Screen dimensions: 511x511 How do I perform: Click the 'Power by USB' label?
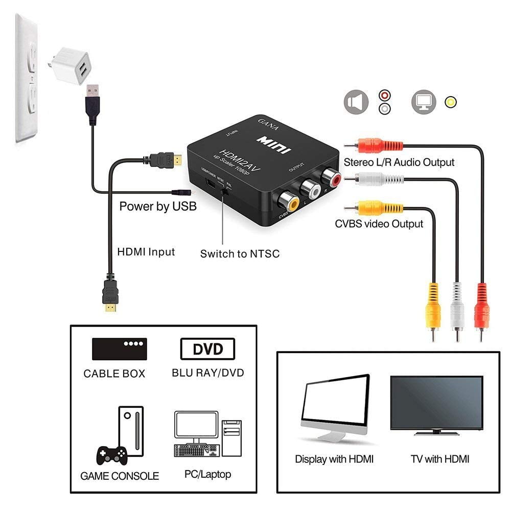tap(157, 206)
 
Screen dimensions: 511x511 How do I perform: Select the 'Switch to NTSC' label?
tap(240, 253)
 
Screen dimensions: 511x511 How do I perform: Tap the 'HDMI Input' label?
tap(146, 251)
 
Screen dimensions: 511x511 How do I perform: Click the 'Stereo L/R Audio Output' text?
tap(399, 162)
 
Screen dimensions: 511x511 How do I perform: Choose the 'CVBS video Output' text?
tap(379, 224)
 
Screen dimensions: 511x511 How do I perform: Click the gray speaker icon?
tap(356, 102)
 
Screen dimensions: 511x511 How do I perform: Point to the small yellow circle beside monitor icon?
tap(450, 102)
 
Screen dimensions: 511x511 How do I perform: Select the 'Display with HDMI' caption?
tap(334, 459)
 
